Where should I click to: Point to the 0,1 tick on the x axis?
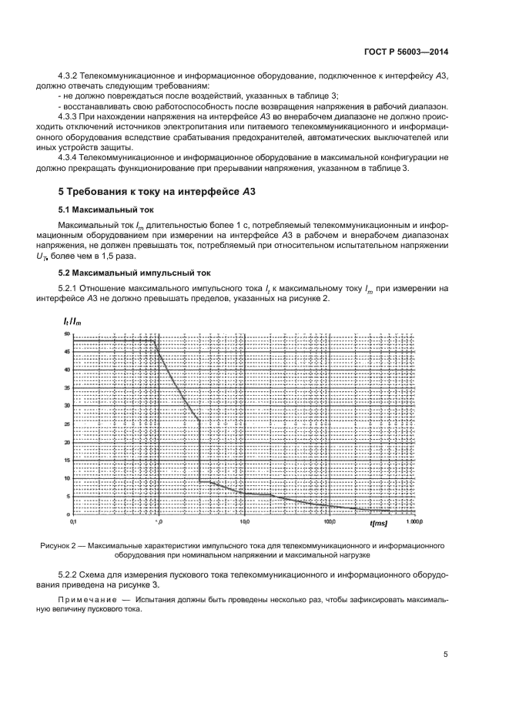click(x=73, y=521)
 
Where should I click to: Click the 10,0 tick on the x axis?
click(x=243, y=521)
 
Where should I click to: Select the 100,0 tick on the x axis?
click(x=329, y=521)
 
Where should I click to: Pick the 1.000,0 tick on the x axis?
click(x=414, y=521)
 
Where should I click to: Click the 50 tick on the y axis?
click(x=67, y=333)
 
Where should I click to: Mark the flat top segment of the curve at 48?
click(x=116, y=340)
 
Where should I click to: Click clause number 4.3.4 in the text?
click(x=72, y=156)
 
